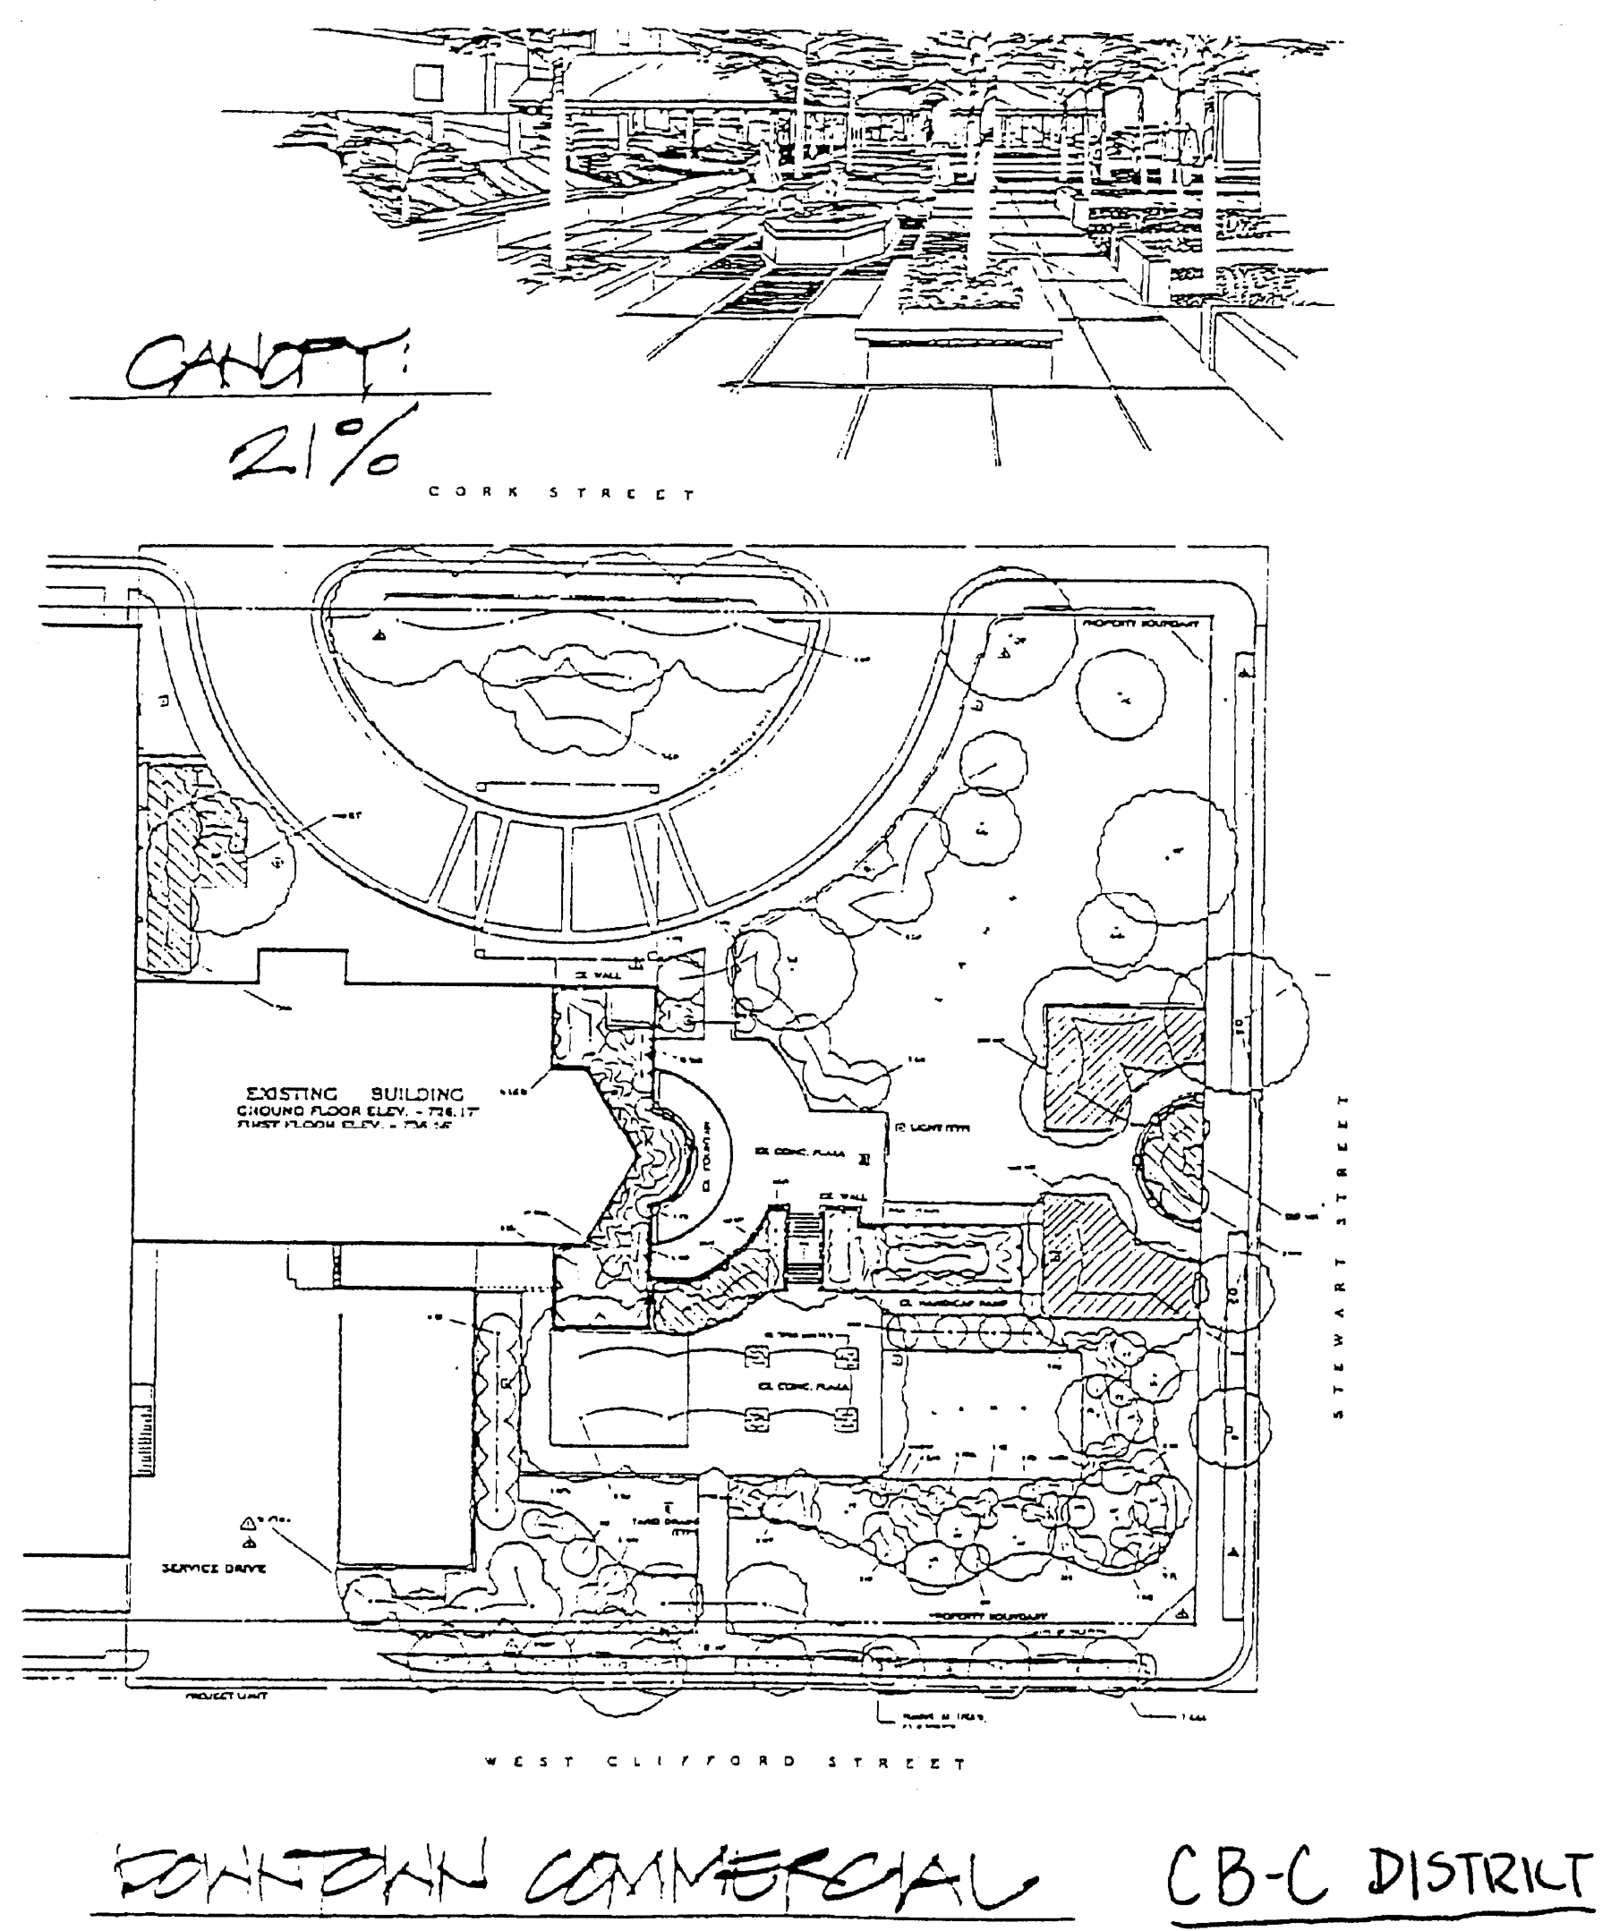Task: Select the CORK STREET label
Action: tap(561, 493)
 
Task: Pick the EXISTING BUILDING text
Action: tap(354, 1094)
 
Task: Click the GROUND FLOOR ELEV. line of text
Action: tap(359, 1110)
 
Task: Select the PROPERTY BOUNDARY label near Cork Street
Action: tap(1140, 624)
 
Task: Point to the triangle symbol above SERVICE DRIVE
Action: tap(248, 1523)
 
